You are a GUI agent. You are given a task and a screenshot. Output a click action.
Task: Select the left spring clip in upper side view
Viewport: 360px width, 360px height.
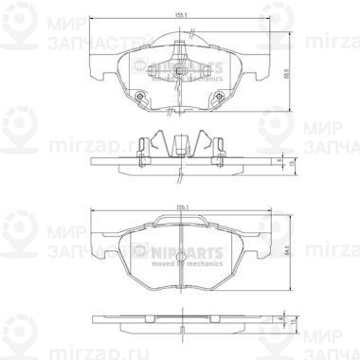(x=142, y=148)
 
